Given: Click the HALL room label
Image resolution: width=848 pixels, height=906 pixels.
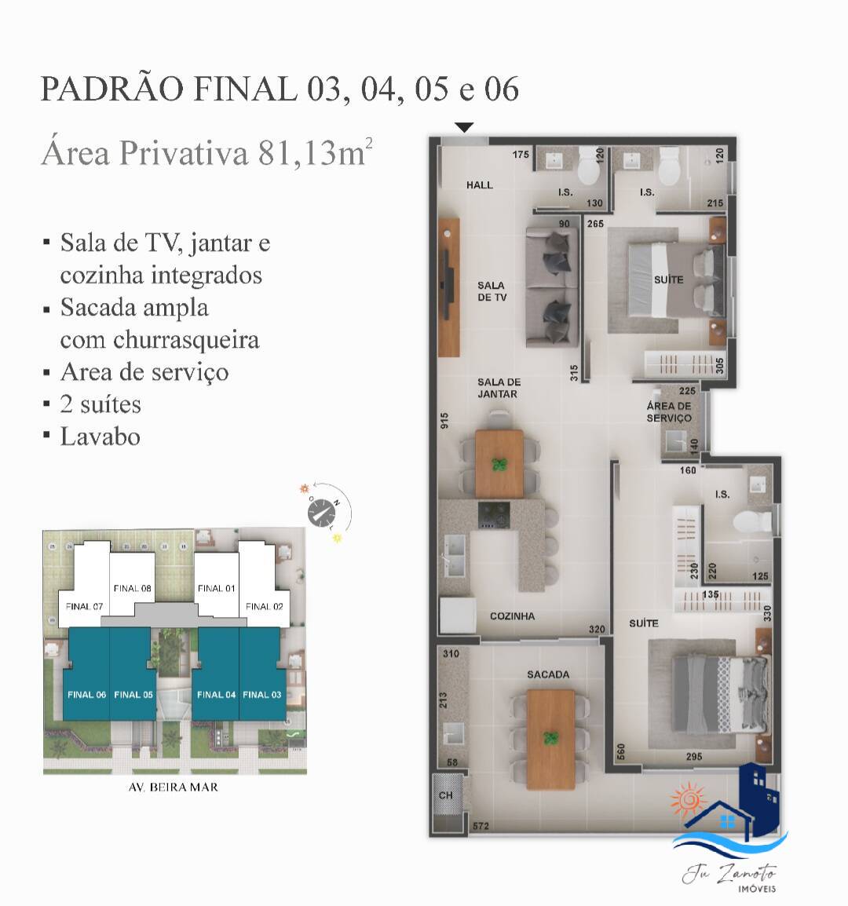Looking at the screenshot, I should pos(479,185).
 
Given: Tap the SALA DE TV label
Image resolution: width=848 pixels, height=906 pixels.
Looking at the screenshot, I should pos(491,291).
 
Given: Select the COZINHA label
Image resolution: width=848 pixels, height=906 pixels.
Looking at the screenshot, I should pos(512,616).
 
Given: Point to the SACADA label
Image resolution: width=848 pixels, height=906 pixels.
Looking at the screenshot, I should pos(548,674).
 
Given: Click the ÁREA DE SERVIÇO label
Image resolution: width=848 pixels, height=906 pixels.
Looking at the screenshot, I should pos(669,412).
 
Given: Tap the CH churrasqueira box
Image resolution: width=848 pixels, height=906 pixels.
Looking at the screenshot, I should pos(446,795).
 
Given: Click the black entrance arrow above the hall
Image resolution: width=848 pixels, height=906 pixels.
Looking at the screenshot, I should pos(464,127).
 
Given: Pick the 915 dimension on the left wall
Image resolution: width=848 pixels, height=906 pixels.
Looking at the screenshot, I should pos(445,421).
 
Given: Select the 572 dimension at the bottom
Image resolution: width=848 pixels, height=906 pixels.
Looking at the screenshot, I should pos(481,826).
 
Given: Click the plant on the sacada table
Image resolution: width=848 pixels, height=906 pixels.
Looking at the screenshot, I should pos(552,739).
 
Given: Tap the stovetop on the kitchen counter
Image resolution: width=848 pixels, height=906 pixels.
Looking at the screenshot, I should pos(495,514).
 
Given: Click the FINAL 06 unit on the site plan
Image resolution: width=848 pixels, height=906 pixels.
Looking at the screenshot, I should pos(86,694).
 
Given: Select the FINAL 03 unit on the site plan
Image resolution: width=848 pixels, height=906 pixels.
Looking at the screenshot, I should pos(261,694).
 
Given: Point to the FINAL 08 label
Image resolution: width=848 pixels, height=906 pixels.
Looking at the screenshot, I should pos(132,588).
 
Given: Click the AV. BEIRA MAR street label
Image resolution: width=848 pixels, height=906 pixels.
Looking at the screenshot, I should pos(172,787).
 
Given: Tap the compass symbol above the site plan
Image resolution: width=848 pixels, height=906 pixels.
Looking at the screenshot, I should pos(322,514).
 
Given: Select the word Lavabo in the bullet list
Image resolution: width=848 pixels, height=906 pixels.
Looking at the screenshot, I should pos(101,437).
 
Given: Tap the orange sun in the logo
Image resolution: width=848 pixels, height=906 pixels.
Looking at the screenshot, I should pos(687,800).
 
